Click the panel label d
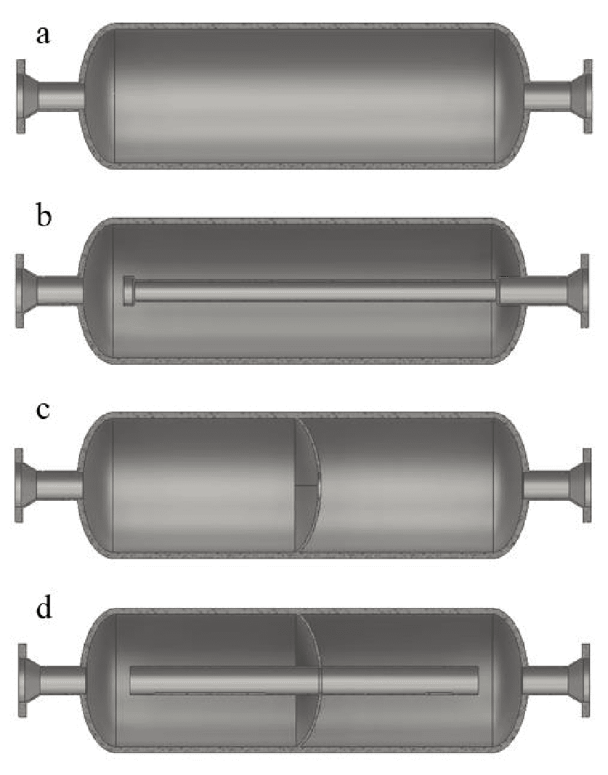pyautogui.click(x=43, y=609)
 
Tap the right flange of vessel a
pyautogui.click(x=587, y=96)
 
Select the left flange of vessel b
pyautogui.click(x=20, y=291)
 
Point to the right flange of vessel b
pyautogui.click(x=585, y=291)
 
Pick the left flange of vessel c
pyautogui.click(x=19, y=485)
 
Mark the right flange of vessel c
pyautogui.click(x=587, y=485)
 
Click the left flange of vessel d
pyautogui.click(x=22, y=680)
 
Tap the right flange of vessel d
pyautogui.click(x=585, y=680)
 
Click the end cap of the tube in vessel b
pyautogui.click(x=128, y=291)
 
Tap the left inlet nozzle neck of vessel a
pyautogui.click(x=58, y=96)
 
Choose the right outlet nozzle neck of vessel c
pyautogui.click(x=546, y=485)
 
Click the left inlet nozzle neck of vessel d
pyautogui.click(x=62, y=680)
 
